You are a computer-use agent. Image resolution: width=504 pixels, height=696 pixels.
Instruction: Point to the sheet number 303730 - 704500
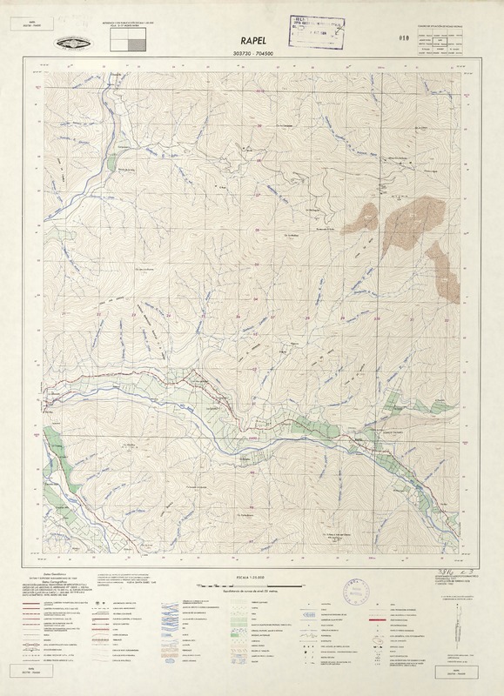pyautogui.click(x=252, y=54)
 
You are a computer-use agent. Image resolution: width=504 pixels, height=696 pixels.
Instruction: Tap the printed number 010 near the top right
pyautogui.click(x=378, y=37)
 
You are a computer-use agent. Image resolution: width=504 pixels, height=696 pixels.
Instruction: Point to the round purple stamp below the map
pyautogui.click(x=358, y=592)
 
